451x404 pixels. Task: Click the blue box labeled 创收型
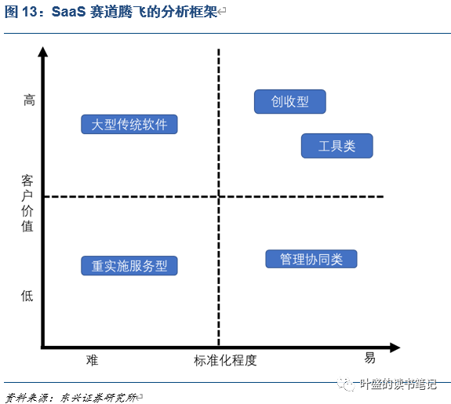coord(290,101)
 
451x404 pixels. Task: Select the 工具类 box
coord(337,146)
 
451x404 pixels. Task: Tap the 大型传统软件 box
coord(129,124)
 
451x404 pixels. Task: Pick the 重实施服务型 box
coord(129,266)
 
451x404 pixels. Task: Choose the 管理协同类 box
coord(311,259)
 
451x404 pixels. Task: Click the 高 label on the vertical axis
coord(29,100)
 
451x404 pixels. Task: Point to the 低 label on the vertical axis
coord(27,296)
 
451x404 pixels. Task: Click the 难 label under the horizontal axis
coord(92,360)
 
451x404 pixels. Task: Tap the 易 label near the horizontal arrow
coord(370,358)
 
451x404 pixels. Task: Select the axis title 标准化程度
coord(225,360)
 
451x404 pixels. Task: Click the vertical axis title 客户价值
coord(27,203)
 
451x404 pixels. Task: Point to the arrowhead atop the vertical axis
coord(43,52)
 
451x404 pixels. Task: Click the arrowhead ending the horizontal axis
coord(395,348)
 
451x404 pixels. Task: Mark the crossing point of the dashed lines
coord(219,197)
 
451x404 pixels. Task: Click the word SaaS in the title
coord(69,12)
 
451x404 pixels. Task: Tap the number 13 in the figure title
coord(29,12)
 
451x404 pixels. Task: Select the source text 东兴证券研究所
coord(98,398)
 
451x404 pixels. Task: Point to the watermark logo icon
coord(346,384)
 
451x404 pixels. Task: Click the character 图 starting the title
coord(12,12)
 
